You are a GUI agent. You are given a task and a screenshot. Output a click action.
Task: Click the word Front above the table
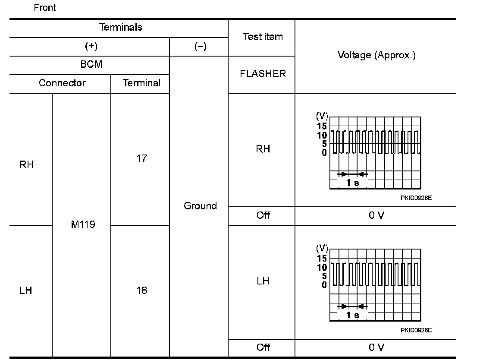click(x=45, y=8)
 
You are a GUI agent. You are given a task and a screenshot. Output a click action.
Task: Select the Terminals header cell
click(x=121, y=28)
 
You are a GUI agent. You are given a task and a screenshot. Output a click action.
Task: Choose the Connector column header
click(x=62, y=83)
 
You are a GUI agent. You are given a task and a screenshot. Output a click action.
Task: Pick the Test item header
click(x=263, y=37)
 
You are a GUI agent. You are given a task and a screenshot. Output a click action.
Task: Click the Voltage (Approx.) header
click(x=376, y=55)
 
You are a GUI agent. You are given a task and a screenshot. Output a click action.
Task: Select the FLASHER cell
click(x=263, y=74)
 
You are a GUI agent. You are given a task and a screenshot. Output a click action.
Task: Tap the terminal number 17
click(x=141, y=158)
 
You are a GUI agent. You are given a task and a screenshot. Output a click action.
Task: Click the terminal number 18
click(x=141, y=291)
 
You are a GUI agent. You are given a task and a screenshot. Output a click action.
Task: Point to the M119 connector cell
click(x=83, y=225)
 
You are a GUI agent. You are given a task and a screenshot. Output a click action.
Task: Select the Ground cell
click(x=200, y=206)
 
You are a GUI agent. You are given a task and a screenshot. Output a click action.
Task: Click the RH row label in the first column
click(x=27, y=164)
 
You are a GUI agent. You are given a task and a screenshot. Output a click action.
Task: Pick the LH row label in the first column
click(x=26, y=291)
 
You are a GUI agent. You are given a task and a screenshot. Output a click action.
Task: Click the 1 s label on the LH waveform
click(x=352, y=315)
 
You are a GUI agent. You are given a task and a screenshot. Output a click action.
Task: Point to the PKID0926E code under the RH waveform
click(x=416, y=198)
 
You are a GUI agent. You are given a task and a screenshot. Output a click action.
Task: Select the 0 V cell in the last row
click(x=376, y=347)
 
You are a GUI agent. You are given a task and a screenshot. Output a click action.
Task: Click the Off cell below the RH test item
click(x=263, y=215)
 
